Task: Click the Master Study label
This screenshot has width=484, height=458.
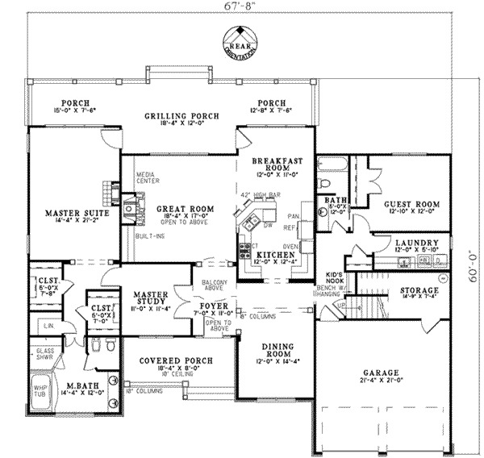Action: [149, 294]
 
